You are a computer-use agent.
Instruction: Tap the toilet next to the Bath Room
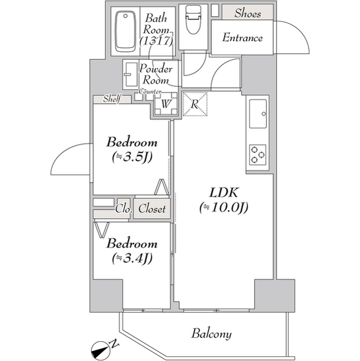pos(193,23)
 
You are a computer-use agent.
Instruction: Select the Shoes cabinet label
pos(248,13)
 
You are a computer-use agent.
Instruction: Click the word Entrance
pos(243,38)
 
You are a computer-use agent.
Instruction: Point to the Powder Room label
pos(155,74)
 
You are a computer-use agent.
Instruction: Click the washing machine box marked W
pos(166,104)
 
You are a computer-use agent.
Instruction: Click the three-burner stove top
pos(259,155)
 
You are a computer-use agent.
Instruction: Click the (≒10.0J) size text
pos(224,208)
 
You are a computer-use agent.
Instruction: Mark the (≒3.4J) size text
pos(132,259)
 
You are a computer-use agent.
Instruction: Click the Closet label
pos(152,209)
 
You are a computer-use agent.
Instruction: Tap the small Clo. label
pos(123,209)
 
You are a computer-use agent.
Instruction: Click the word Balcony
pos(211,333)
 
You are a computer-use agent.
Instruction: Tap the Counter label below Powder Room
pos(150,91)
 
